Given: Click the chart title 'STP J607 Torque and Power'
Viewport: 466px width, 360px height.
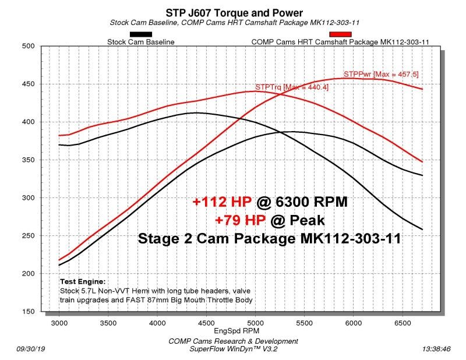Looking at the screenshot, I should pos(233,12).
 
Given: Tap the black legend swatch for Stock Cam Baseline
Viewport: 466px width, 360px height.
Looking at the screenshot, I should pos(141,34).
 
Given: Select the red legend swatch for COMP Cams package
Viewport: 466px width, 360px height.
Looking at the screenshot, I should pos(341,34).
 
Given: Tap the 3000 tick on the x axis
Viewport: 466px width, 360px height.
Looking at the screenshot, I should pos(59,322).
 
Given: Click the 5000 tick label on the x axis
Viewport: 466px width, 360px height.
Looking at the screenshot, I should pos(255,322).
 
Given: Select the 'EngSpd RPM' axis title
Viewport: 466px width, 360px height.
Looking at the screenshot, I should pos(232,330).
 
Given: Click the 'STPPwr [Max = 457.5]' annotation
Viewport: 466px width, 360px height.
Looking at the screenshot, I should pos(381,75).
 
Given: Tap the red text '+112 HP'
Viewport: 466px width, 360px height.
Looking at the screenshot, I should pos(222,202).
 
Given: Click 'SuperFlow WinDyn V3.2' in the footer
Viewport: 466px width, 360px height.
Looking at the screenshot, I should pos(233,349).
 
